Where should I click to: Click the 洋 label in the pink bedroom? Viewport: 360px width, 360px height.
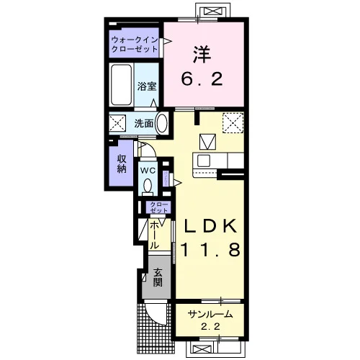[x=202, y=54]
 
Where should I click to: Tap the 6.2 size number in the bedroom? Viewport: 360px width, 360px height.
[x=202, y=79]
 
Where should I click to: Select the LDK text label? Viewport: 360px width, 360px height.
[x=210, y=226]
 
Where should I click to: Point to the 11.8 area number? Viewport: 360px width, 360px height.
[x=210, y=250]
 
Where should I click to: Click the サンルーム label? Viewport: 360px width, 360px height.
[x=210, y=314]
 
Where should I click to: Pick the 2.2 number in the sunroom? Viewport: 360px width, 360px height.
[x=210, y=326]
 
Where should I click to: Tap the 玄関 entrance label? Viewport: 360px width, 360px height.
[x=158, y=277]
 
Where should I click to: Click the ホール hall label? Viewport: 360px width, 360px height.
[x=155, y=235]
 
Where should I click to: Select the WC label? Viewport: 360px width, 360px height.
[x=148, y=171]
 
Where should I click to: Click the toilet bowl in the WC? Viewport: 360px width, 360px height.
[x=148, y=186]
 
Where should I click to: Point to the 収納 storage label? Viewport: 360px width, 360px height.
[x=122, y=164]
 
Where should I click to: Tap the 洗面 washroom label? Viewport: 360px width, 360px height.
[x=144, y=123]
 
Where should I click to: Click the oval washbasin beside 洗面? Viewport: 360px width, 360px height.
[x=161, y=123]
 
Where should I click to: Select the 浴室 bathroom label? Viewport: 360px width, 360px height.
[x=147, y=86]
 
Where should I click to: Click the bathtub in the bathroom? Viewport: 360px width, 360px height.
[x=122, y=85]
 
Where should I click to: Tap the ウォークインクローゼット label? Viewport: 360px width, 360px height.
[x=135, y=44]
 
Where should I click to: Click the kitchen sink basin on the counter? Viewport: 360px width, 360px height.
[x=204, y=161]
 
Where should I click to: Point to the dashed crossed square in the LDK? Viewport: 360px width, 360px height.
[x=233, y=123]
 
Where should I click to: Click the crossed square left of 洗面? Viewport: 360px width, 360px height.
[x=117, y=123]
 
